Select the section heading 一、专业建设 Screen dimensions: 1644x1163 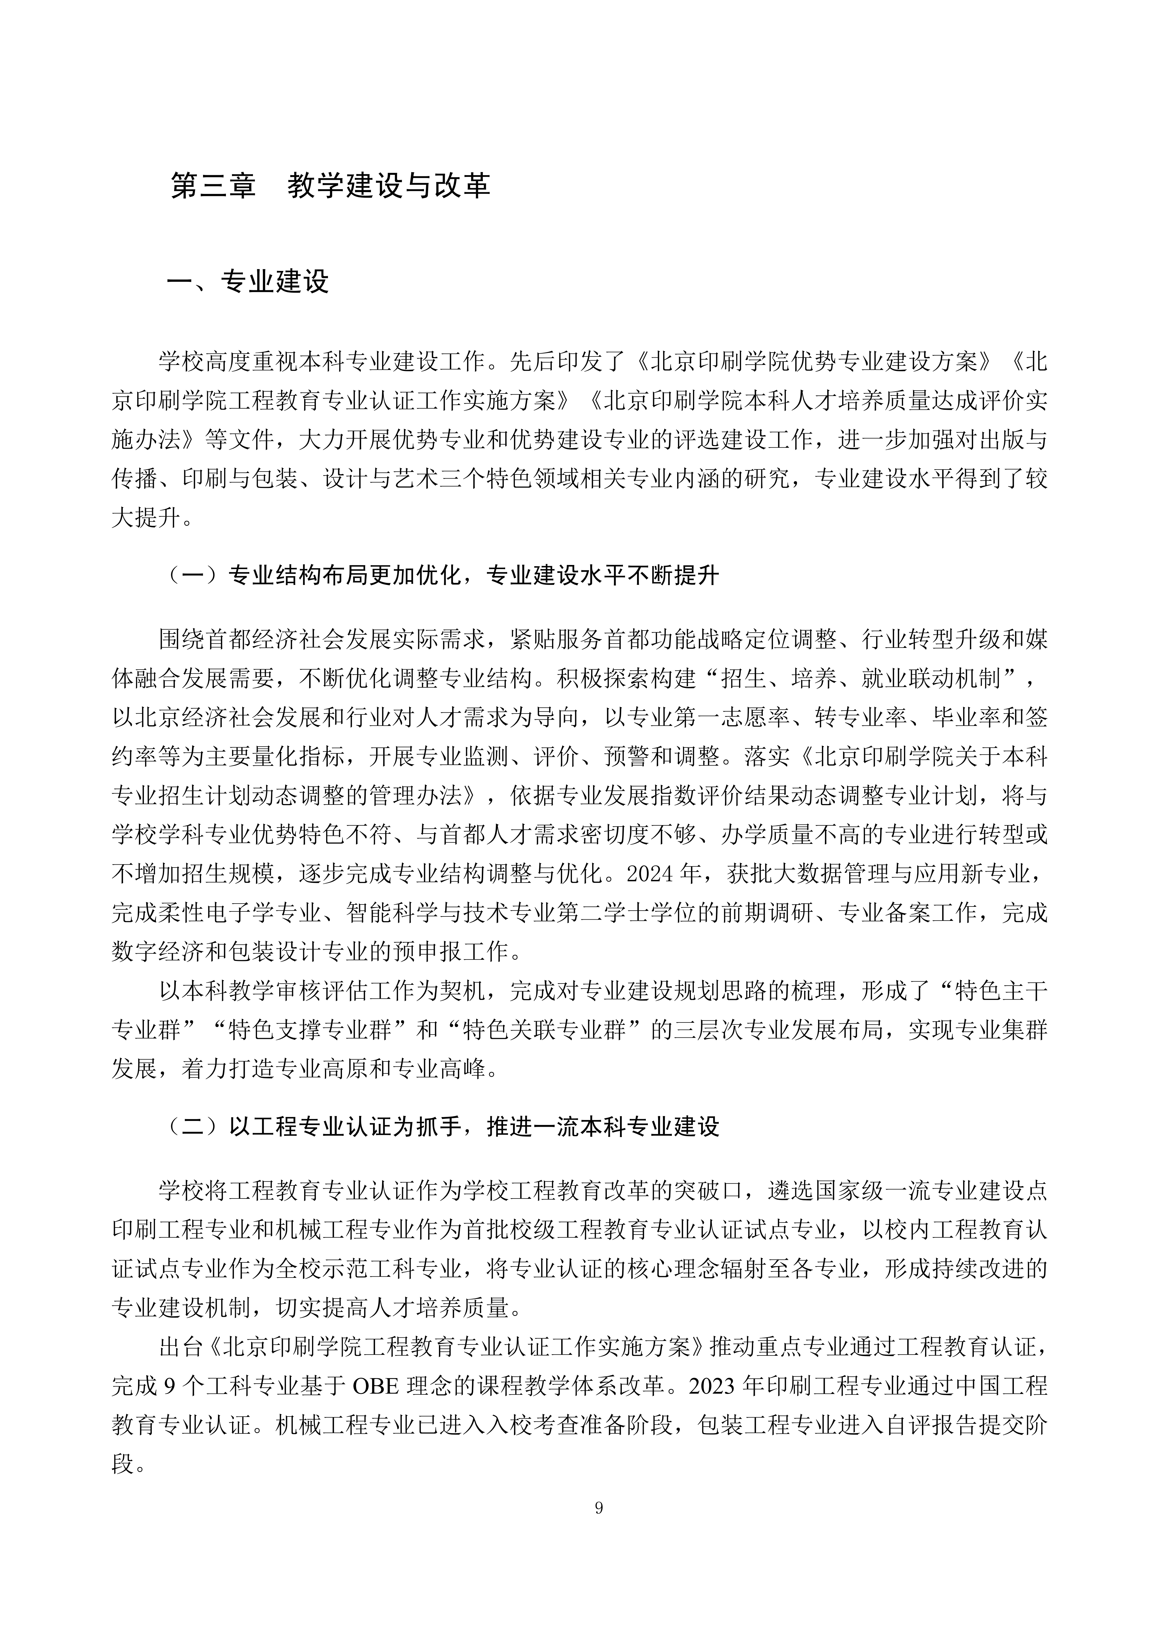point(247,281)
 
